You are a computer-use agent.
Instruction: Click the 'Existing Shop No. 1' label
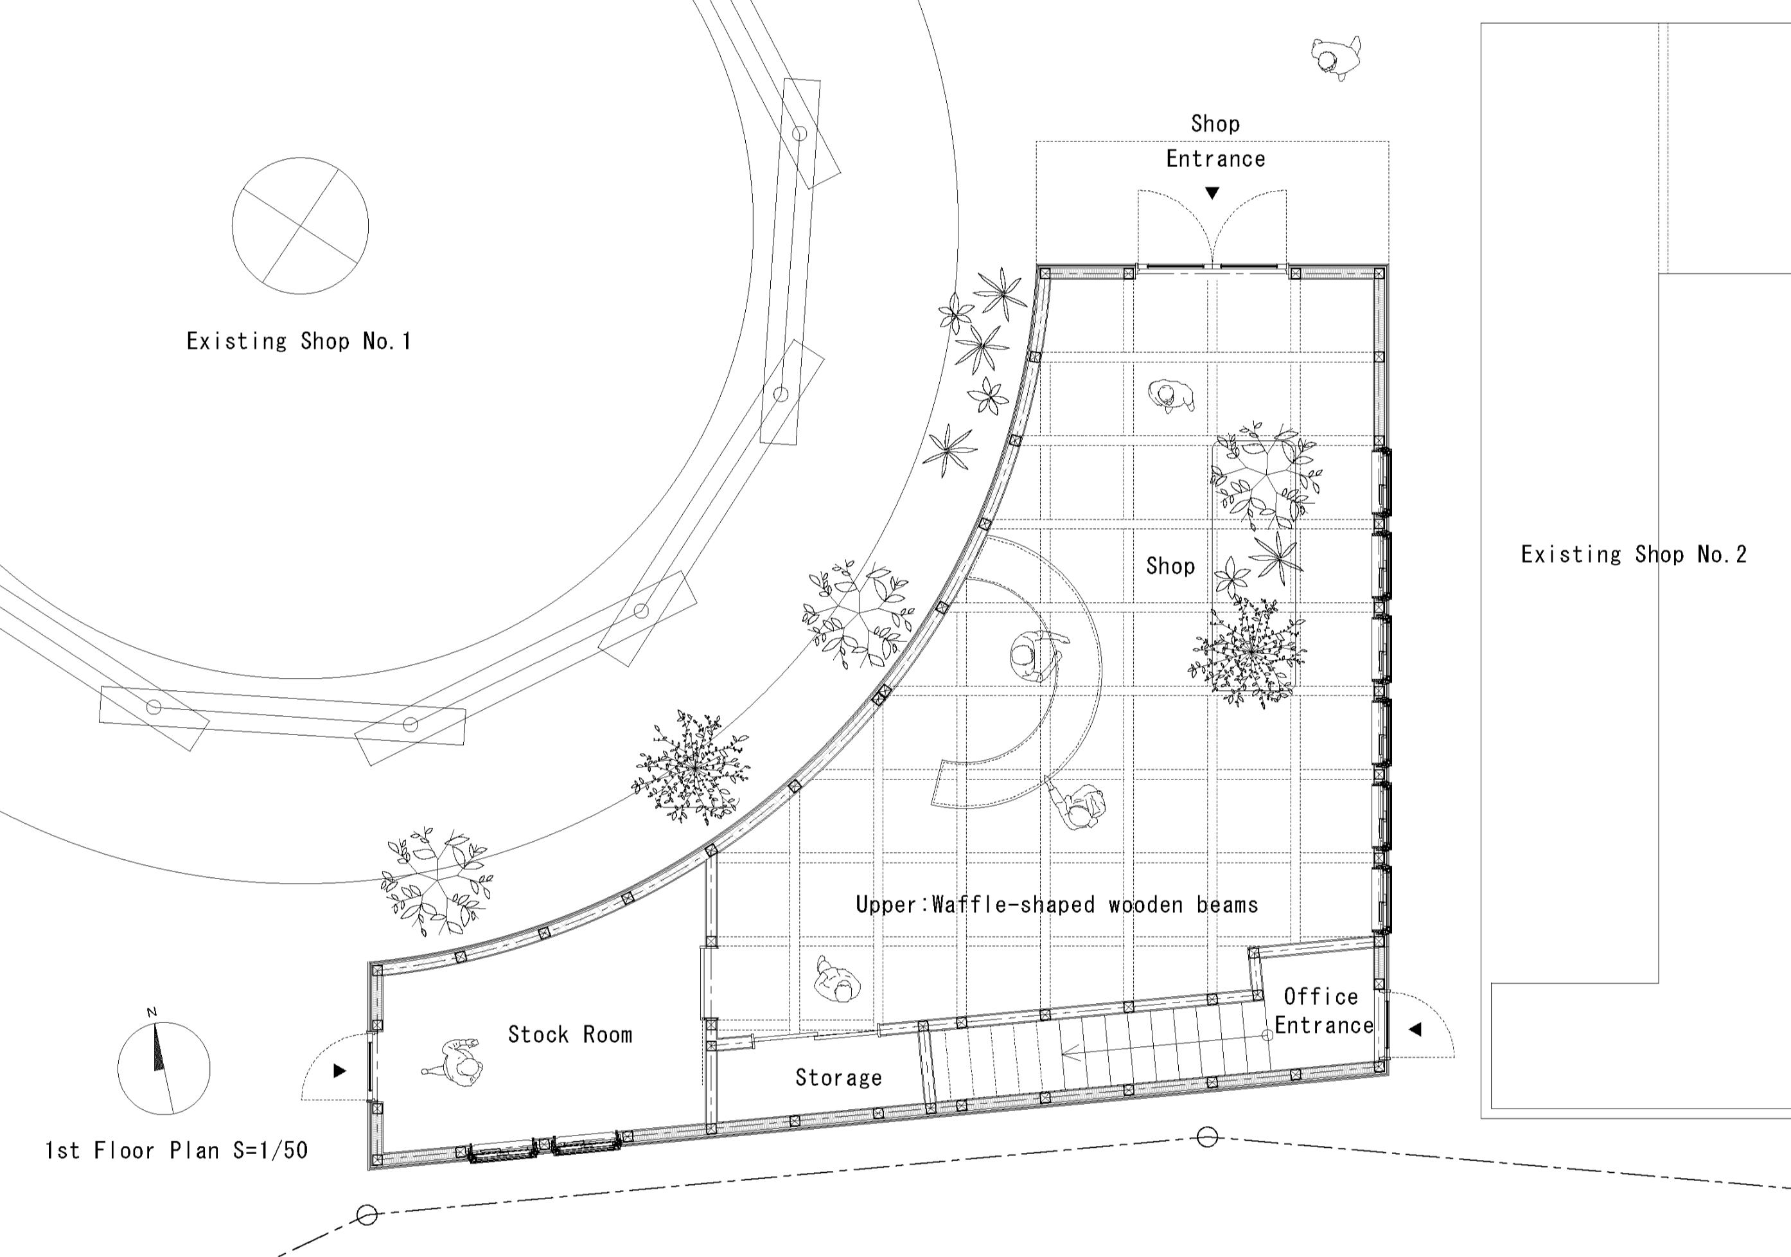coord(299,341)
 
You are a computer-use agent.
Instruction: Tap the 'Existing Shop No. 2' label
coord(1634,554)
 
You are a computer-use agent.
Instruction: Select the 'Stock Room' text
coord(570,1035)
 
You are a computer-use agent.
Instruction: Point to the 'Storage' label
coord(838,1078)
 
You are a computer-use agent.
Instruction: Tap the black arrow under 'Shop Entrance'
coord(1212,193)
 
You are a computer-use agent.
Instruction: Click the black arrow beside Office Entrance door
coord(1415,1029)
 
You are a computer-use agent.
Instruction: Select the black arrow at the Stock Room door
coord(339,1071)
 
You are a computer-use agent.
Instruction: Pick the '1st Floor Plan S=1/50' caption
coord(176,1150)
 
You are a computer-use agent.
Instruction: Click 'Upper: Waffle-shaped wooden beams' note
coord(1057,904)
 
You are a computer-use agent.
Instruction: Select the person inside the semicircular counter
coord(1035,656)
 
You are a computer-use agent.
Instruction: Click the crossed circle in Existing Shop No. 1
coord(301,226)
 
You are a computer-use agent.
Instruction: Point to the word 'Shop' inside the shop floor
coord(1170,566)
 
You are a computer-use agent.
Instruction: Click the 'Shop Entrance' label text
coord(1215,141)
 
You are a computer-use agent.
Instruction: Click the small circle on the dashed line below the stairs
coord(1206,1137)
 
